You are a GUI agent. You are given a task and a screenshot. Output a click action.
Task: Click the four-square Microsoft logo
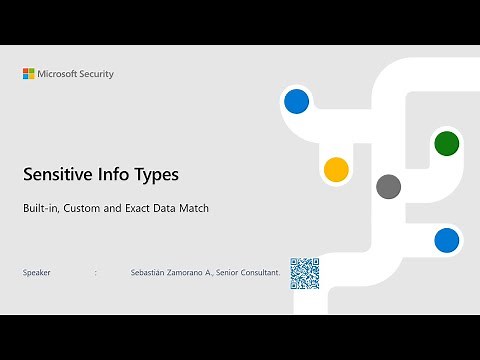29,74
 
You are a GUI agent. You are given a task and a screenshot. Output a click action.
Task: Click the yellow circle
336,169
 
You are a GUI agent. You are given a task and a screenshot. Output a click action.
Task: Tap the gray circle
388,186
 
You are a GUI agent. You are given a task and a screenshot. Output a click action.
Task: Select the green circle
446,143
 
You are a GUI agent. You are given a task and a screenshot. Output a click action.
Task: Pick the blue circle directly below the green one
446,240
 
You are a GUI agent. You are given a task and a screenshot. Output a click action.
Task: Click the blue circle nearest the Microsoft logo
296,101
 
